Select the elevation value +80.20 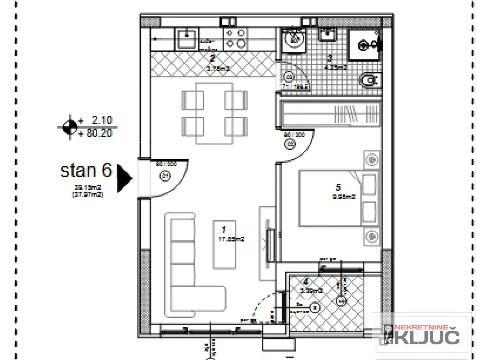coord(96,133)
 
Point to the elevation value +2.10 coord(99,120)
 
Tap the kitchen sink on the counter coord(186,38)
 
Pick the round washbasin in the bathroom coord(293,38)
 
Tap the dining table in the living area coord(214,113)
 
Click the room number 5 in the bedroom coord(338,188)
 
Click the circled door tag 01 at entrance coord(165,176)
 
